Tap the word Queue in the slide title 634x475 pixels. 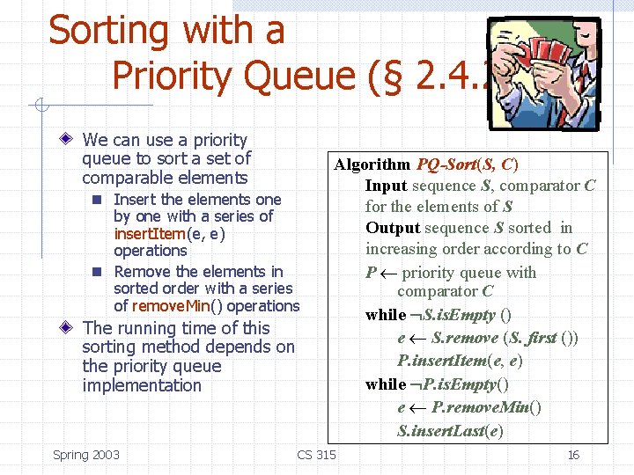coord(299,77)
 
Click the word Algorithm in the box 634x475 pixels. coord(372,164)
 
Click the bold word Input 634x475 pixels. coord(386,186)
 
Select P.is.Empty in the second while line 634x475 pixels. coord(459,384)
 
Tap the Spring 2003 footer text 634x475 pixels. coord(86,455)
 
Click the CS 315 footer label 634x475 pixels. coord(316,455)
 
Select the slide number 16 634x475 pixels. coord(573,455)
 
